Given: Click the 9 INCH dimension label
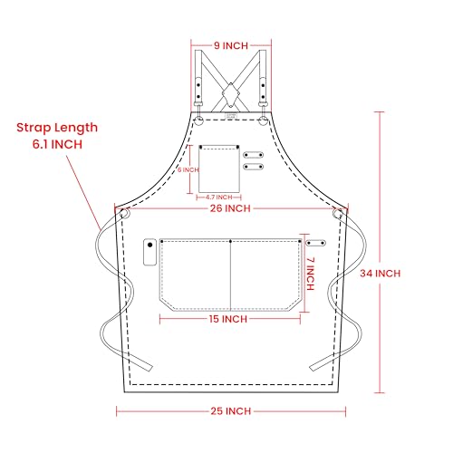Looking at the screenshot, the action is [231, 45].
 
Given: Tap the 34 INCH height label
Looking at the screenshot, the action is [381, 274].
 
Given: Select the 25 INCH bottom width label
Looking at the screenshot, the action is [231, 411].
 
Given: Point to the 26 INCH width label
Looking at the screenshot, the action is [230, 208].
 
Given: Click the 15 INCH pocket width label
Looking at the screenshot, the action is [228, 319].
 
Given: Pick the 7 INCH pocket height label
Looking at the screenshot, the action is [311, 274].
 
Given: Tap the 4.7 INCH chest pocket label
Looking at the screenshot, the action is [219, 198].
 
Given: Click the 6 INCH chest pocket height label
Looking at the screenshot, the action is [188, 170].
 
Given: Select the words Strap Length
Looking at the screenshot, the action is [57, 128].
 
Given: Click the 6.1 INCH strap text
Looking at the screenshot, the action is [57, 144].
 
